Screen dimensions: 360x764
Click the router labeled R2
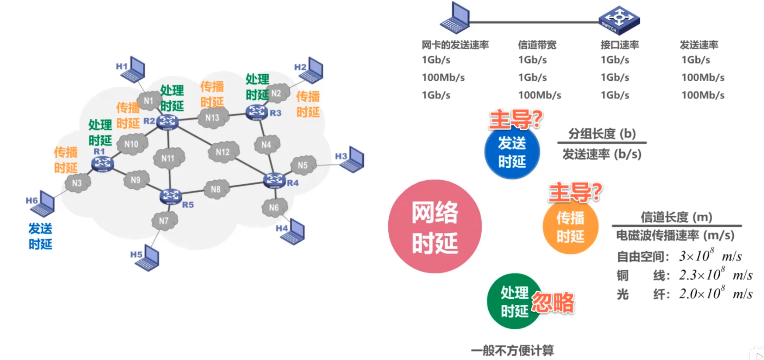tap(167, 122)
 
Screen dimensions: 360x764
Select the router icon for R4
tap(274, 180)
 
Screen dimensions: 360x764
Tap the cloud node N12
tap(223, 152)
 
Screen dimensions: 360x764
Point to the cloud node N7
tap(164, 221)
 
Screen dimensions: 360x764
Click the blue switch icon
tap(619, 20)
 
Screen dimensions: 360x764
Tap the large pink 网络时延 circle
tap(435, 226)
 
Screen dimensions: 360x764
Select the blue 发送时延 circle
tap(512, 152)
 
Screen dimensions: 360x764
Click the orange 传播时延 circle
tap(570, 227)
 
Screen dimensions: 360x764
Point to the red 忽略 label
tap(553, 302)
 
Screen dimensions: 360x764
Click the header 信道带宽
tap(537, 45)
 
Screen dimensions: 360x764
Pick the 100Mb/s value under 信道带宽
tap(539, 95)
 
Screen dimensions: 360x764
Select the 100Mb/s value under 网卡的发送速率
tap(443, 77)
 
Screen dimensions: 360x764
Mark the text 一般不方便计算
tap(512, 350)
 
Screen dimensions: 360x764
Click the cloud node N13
tap(212, 118)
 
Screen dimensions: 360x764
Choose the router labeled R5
tap(171, 196)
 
